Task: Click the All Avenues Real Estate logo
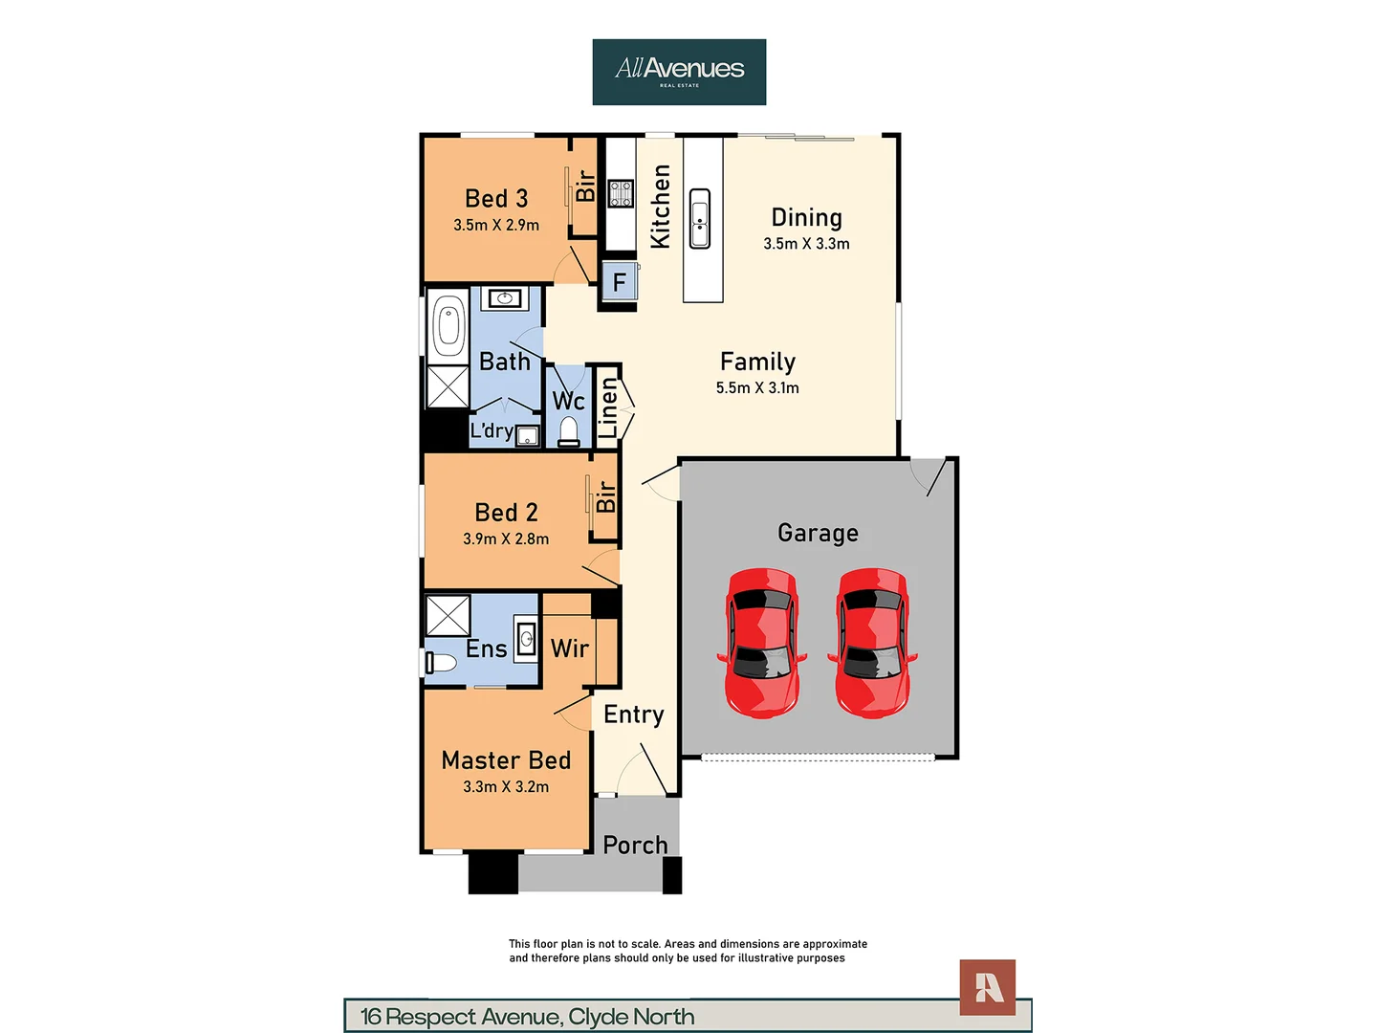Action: coord(679,72)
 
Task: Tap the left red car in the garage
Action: coord(762,642)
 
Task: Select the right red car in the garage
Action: coord(872,642)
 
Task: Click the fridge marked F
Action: coord(620,281)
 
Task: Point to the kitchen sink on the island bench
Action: coord(699,218)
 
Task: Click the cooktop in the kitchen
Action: coord(621,193)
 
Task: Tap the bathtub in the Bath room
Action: coord(448,325)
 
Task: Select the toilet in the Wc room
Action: coord(569,431)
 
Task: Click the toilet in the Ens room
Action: coord(442,663)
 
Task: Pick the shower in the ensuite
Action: coord(448,616)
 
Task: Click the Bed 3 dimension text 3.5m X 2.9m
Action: coord(496,225)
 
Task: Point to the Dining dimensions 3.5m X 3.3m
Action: coord(806,244)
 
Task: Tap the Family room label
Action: coord(757,362)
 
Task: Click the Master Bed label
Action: coord(506,760)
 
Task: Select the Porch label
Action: coord(635,845)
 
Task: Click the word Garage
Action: coord(818,533)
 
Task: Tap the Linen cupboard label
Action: coord(608,408)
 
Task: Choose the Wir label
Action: coord(570,648)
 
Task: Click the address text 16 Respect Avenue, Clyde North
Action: coord(528,1017)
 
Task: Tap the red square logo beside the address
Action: coord(988,987)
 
